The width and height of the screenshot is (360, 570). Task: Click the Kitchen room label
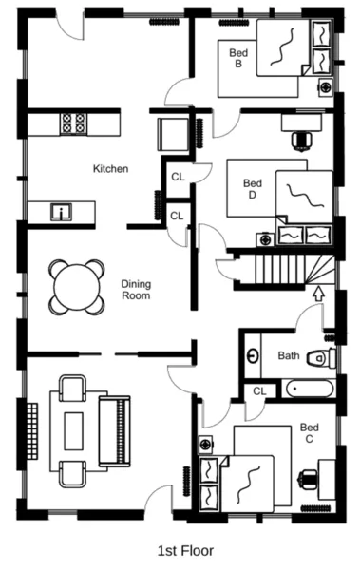pyautogui.click(x=110, y=169)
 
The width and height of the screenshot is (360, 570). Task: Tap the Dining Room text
pyautogui.click(x=137, y=289)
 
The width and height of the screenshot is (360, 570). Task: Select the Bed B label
pyautogui.click(x=237, y=59)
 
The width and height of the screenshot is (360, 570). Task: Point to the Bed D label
pyautogui.click(x=252, y=189)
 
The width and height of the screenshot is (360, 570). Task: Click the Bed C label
pyautogui.click(x=309, y=434)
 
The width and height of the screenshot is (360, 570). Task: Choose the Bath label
pyautogui.click(x=289, y=356)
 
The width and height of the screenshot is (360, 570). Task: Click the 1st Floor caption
pyautogui.click(x=185, y=550)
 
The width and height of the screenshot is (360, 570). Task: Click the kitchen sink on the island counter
pyautogui.click(x=61, y=211)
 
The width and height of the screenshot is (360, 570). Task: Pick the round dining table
pyautogui.click(x=75, y=284)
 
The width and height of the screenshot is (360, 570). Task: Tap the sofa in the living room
pyautogui.click(x=115, y=431)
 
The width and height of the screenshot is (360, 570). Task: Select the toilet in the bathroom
pyautogui.click(x=322, y=357)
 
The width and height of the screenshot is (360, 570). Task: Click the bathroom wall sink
pyautogui.click(x=254, y=356)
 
